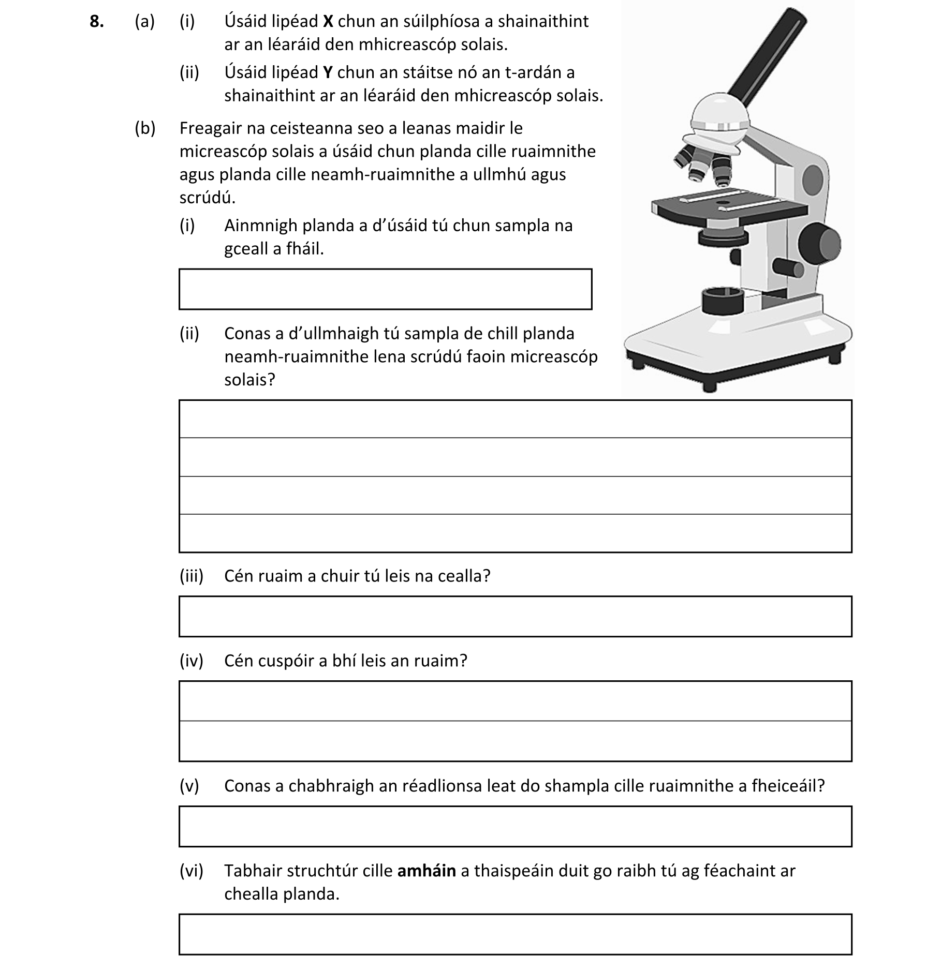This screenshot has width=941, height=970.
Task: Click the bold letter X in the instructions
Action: (x=328, y=21)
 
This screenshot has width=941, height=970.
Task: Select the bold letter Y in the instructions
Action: (x=328, y=72)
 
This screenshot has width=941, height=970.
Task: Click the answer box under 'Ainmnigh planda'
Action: (x=385, y=289)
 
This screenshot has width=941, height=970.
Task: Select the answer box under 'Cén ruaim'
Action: (x=515, y=616)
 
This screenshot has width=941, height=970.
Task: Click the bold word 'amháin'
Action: (x=427, y=871)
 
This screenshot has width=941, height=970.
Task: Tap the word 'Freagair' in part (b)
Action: (x=211, y=128)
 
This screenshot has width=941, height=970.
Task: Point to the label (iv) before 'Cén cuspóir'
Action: (x=191, y=661)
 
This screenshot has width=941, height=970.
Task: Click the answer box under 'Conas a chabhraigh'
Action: (x=515, y=826)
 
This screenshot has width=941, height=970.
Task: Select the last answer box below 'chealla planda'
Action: (x=515, y=934)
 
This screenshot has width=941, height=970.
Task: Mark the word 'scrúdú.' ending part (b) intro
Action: (x=207, y=198)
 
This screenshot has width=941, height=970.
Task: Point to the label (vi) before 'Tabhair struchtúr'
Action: (x=191, y=871)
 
